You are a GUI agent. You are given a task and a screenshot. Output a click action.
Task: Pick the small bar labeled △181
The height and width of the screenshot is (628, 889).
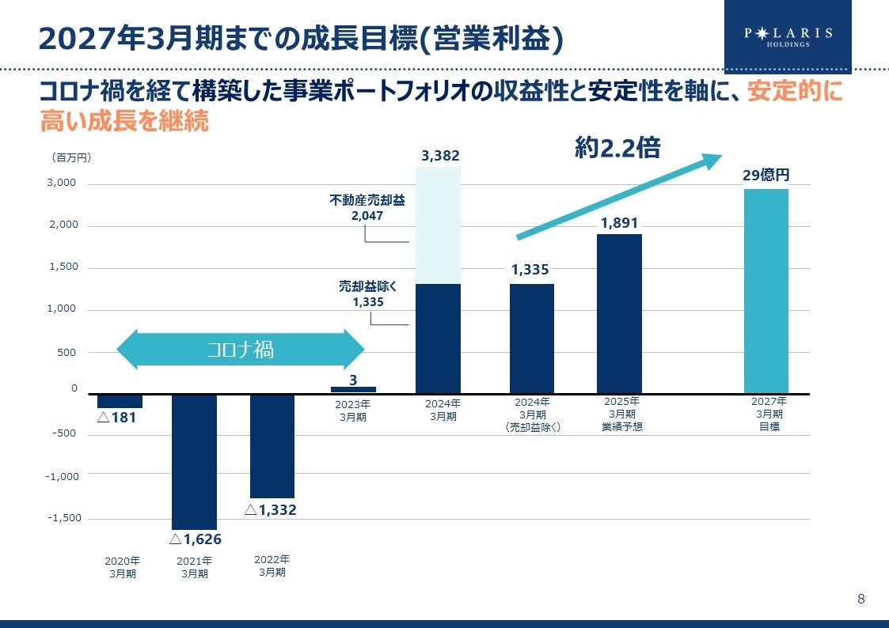(120, 400)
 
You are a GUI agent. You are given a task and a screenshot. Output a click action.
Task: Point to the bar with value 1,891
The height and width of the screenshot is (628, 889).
(619, 313)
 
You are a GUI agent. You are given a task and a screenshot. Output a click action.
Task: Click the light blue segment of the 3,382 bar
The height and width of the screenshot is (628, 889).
(438, 225)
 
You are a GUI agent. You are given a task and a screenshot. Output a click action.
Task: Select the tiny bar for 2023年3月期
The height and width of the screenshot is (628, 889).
(353, 389)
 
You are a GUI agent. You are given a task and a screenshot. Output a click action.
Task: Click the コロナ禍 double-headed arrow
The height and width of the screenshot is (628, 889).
(241, 350)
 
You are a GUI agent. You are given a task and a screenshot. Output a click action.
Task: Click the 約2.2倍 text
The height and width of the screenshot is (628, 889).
(617, 148)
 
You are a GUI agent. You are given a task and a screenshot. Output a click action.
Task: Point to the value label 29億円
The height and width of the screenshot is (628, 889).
(766, 175)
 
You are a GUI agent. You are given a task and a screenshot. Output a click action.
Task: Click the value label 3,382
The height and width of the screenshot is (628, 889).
(440, 156)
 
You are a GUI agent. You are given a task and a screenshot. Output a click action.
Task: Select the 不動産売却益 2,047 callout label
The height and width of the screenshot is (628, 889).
(367, 207)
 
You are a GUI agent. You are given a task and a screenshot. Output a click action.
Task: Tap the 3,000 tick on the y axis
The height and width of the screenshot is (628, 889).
(63, 183)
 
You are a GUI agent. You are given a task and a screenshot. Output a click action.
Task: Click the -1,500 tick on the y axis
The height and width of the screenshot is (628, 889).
(65, 517)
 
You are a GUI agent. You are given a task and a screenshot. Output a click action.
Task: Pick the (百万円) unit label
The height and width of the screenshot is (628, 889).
(71, 157)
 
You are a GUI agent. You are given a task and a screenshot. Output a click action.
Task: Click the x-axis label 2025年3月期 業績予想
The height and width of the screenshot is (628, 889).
(621, 414)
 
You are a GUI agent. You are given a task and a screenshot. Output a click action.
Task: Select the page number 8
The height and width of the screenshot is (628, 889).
(861, 599)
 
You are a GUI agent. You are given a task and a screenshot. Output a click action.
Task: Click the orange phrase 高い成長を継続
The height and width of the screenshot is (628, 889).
(124, 122)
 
